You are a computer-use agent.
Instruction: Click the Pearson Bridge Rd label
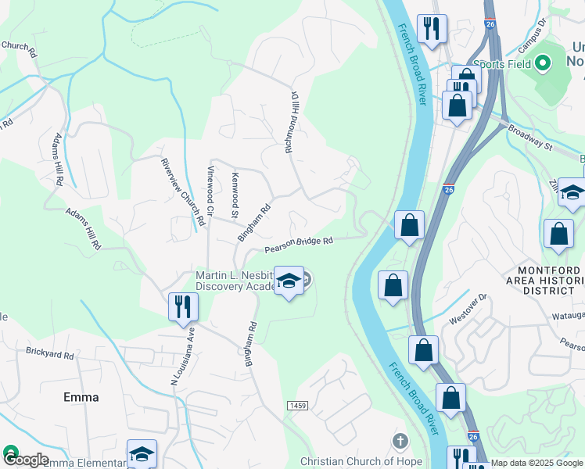[x=299, y=245]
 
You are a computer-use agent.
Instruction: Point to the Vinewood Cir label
[x=210, y=195]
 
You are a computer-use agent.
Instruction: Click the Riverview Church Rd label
[x=182, y=192]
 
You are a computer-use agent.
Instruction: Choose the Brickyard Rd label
[x=49, y=354]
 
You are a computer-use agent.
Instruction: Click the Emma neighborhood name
[x=81, y=397]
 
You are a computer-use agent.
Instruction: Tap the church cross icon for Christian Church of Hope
[x=400, y=442]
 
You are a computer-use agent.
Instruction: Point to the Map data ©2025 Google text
[x=537, y=464]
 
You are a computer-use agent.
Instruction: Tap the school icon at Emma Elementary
[x=142, y=453]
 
